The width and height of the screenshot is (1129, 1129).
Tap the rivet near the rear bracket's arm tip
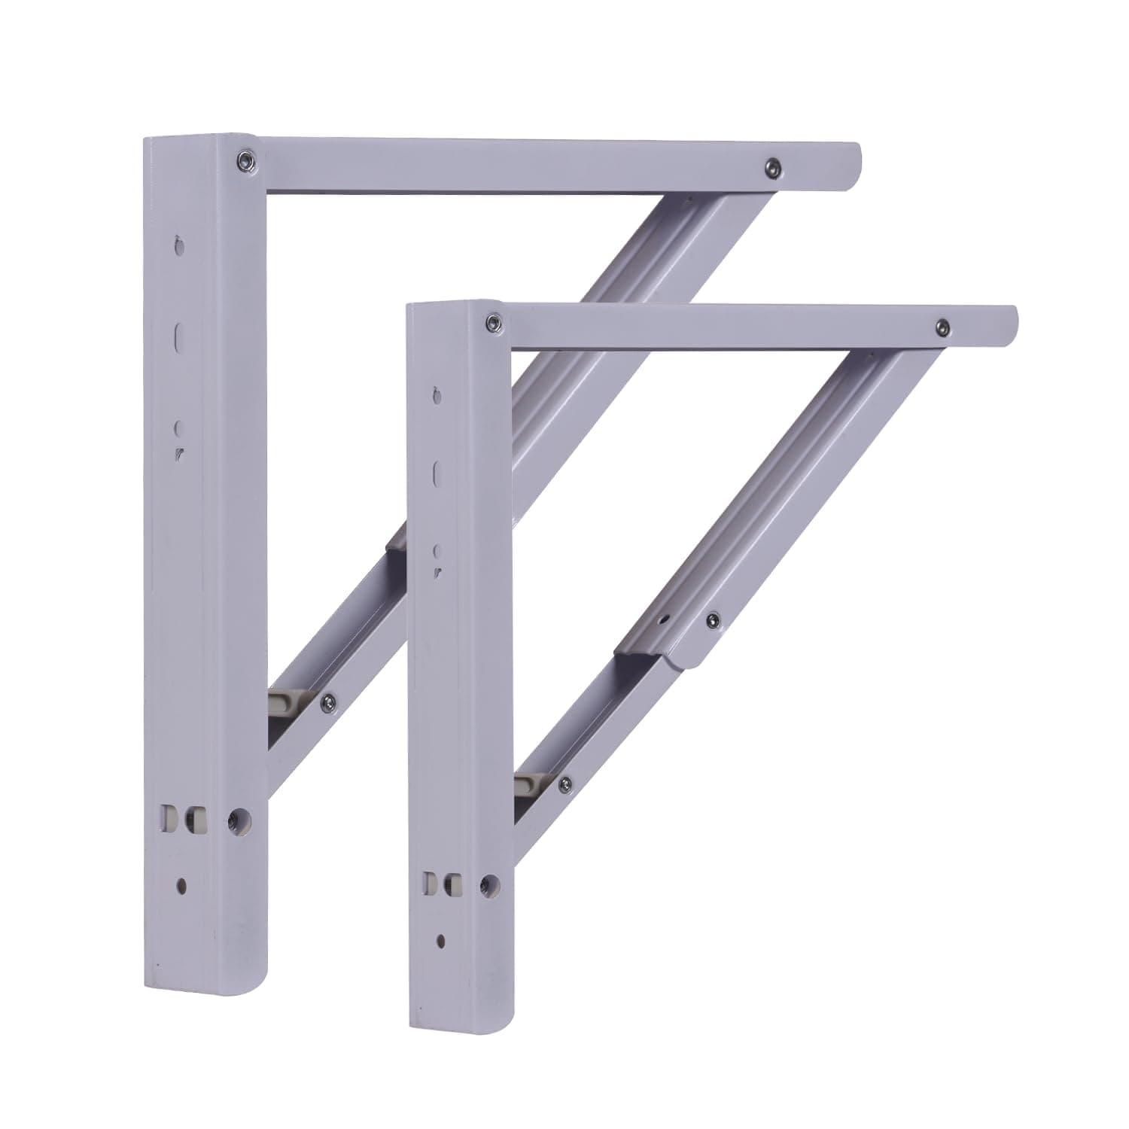(771, 166)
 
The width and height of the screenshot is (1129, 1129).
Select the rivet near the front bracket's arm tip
(941, 327)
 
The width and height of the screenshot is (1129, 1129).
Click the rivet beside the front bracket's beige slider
(564, 787)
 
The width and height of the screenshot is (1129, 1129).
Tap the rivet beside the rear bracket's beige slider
(327, 702)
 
